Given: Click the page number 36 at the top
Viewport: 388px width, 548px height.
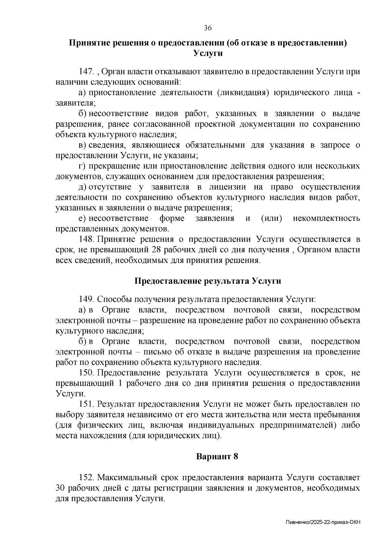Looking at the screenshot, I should [208, 28].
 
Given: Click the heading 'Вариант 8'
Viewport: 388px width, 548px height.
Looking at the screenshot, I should [217, 457].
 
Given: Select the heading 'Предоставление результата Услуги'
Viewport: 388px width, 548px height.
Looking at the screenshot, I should [208, 281].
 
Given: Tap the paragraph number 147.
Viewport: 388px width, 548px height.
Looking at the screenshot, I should [86, 72].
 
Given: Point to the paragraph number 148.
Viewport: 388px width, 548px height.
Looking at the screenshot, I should [86, 239].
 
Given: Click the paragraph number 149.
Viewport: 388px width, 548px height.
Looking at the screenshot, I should [86, 299].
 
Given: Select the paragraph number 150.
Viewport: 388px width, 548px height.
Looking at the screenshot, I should [86, 373].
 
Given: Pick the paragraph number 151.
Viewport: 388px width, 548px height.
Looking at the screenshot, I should [86, 404].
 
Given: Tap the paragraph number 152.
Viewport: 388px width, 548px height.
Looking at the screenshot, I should [86, 478].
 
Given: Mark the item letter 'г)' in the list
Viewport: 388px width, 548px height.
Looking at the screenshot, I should [82, 166].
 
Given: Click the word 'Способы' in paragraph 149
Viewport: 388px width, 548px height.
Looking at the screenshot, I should [112, 299].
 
